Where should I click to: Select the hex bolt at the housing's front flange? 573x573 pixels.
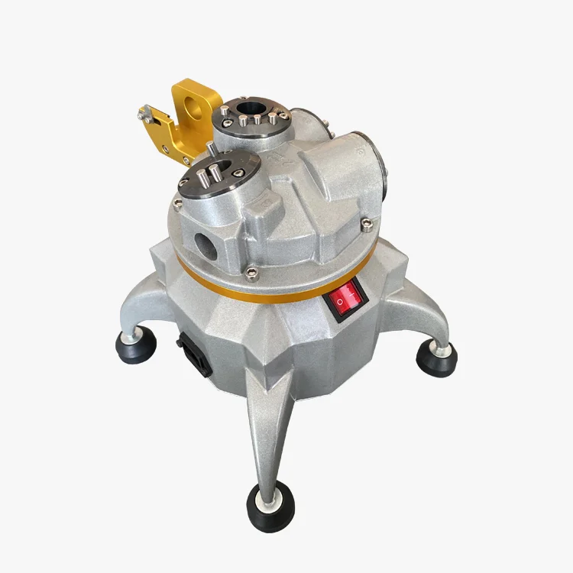pyautogui.click(x=253, y=270)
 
